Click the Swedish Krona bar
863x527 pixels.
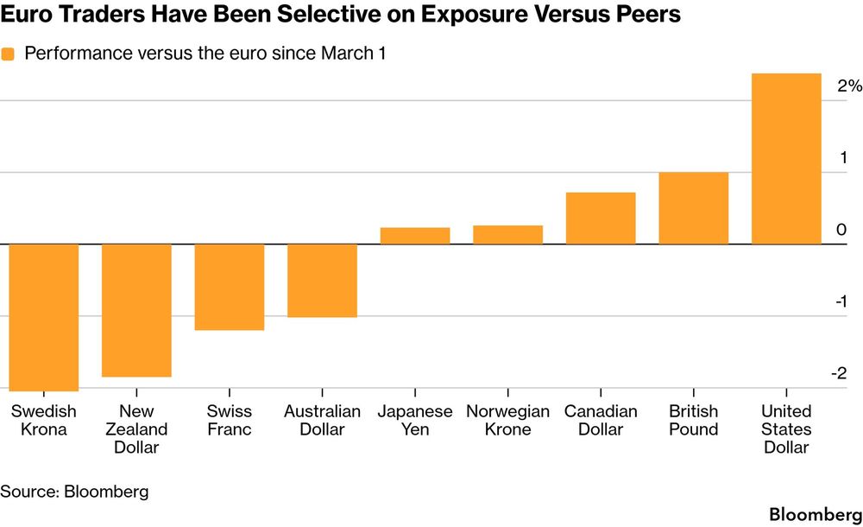tap(43, 318)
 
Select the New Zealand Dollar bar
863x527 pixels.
tap(136, 310)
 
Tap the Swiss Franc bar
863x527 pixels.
tap(230, 287)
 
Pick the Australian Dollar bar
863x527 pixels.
tap(323, 281)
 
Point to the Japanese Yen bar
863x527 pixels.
tap(415, 236)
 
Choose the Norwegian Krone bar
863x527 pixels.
tap(508, 235)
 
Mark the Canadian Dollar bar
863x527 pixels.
tap(601, 219)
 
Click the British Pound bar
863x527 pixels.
tap(694, 208)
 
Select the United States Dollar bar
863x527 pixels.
tap(786, 159)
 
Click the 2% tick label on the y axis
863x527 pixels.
tap(849, 86)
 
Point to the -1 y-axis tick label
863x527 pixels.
tap(841, 302)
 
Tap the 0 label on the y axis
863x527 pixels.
tap(841, 229)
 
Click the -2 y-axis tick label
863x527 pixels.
tap(839, 373)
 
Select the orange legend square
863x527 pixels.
tap(8, 54)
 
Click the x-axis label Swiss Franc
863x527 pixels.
tap(230, 420)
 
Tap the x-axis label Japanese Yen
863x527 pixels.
tap(415, 420)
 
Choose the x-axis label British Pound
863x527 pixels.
tap(694, 420)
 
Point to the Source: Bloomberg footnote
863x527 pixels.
tap(74, 492)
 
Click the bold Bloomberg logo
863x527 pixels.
tap(816, 514)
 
